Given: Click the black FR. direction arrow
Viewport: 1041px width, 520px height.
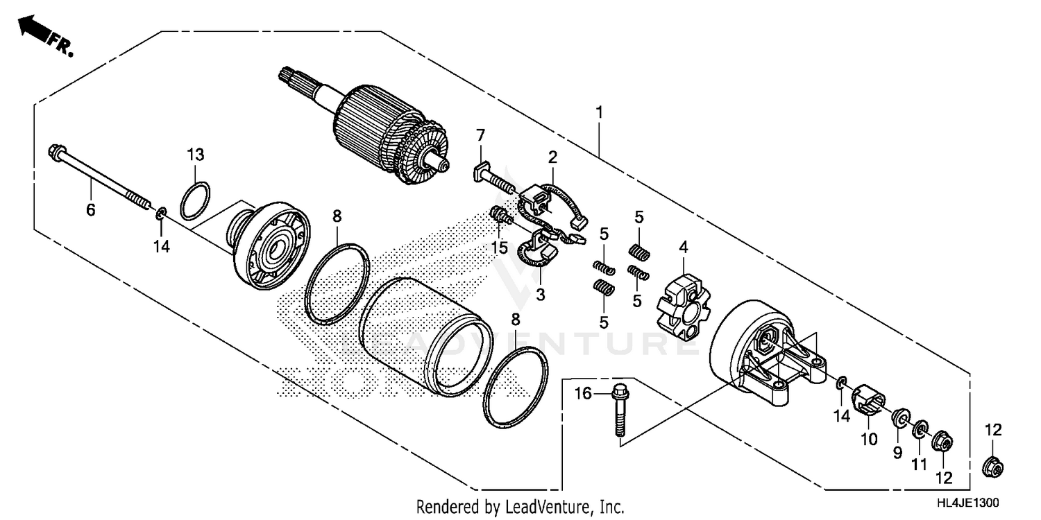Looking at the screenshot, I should point(32,28).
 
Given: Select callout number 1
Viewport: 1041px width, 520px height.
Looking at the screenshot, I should point(599,112).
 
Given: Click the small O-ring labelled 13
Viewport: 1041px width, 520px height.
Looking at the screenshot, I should point(196,200).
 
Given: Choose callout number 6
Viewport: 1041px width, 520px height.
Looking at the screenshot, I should point(91,209).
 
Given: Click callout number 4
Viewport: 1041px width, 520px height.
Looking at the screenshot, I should point(683,246).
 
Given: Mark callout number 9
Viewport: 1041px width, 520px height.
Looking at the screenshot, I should point(897,453).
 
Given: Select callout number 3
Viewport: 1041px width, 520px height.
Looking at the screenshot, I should point(541,295).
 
